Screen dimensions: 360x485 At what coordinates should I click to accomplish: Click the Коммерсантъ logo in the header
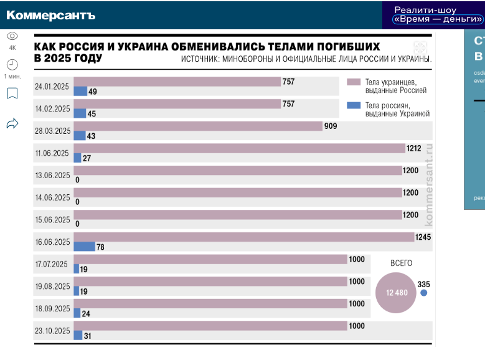(x=51, y=15)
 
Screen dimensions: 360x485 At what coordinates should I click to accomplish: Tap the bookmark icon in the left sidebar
(x=12, y=93)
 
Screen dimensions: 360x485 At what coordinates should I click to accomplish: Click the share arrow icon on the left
(x=12, y=123)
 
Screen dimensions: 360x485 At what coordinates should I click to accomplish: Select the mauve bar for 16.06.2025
(x=243, y=237)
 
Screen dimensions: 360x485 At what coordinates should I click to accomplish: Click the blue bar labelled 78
(x=84, y=247)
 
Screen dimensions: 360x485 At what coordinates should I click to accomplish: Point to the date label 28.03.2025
(x=53, y=131)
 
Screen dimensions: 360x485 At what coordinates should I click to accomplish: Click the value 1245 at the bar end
(x=423, y=237)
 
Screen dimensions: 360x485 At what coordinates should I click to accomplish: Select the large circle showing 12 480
(x=396, y=293)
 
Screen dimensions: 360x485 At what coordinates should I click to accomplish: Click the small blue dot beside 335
(x=424, y=293)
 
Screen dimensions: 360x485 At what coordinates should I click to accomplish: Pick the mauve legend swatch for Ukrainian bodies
(x=354, y=82)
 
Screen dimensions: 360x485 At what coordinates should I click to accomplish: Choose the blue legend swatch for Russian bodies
(x=354, y=105)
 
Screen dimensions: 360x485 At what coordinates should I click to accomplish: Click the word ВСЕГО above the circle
(x=401, y=263)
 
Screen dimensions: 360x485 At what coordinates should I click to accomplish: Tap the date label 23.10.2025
(x=53, y=331)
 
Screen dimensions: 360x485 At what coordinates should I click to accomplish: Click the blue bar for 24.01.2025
(x=80, y=92)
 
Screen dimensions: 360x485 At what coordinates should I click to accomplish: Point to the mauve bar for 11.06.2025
(x=239, y=148)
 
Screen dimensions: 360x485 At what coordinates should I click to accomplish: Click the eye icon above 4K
(x=12, y=36)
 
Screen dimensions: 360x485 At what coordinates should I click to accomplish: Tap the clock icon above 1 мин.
(x=12, y=64)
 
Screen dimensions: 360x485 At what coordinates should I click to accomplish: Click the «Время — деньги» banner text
(x=438, y=19)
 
